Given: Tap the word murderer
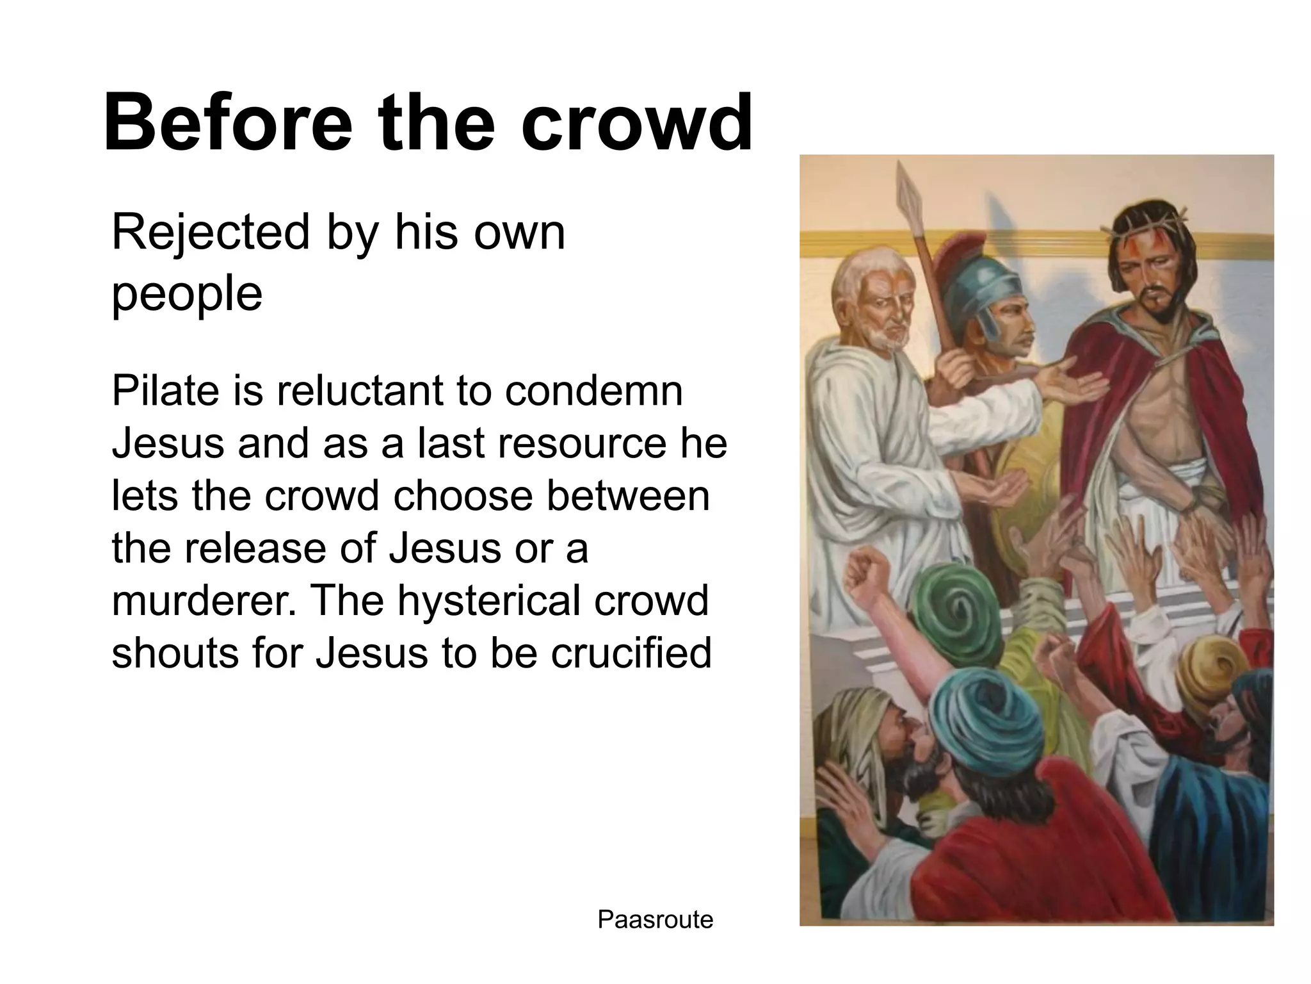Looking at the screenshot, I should pyautogui.click(x=198, y=600).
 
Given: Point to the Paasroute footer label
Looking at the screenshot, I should pyautogui.click(x=655, y=919).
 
